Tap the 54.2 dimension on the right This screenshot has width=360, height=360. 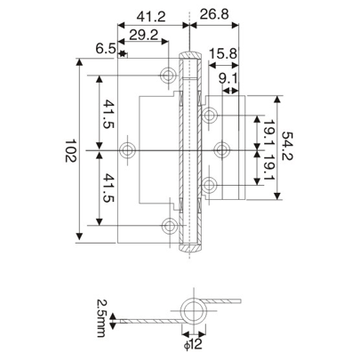pyautogui.click(x=286, y=148)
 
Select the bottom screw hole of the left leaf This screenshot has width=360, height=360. pyautogui.click(x=168, y=225)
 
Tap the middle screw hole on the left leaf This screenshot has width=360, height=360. pyautogui.click(x=131, y=148)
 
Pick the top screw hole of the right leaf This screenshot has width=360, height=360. pyautogui.click(x=211, y=115)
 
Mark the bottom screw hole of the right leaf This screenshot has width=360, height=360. pyautogui.click(x=211, y=183)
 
